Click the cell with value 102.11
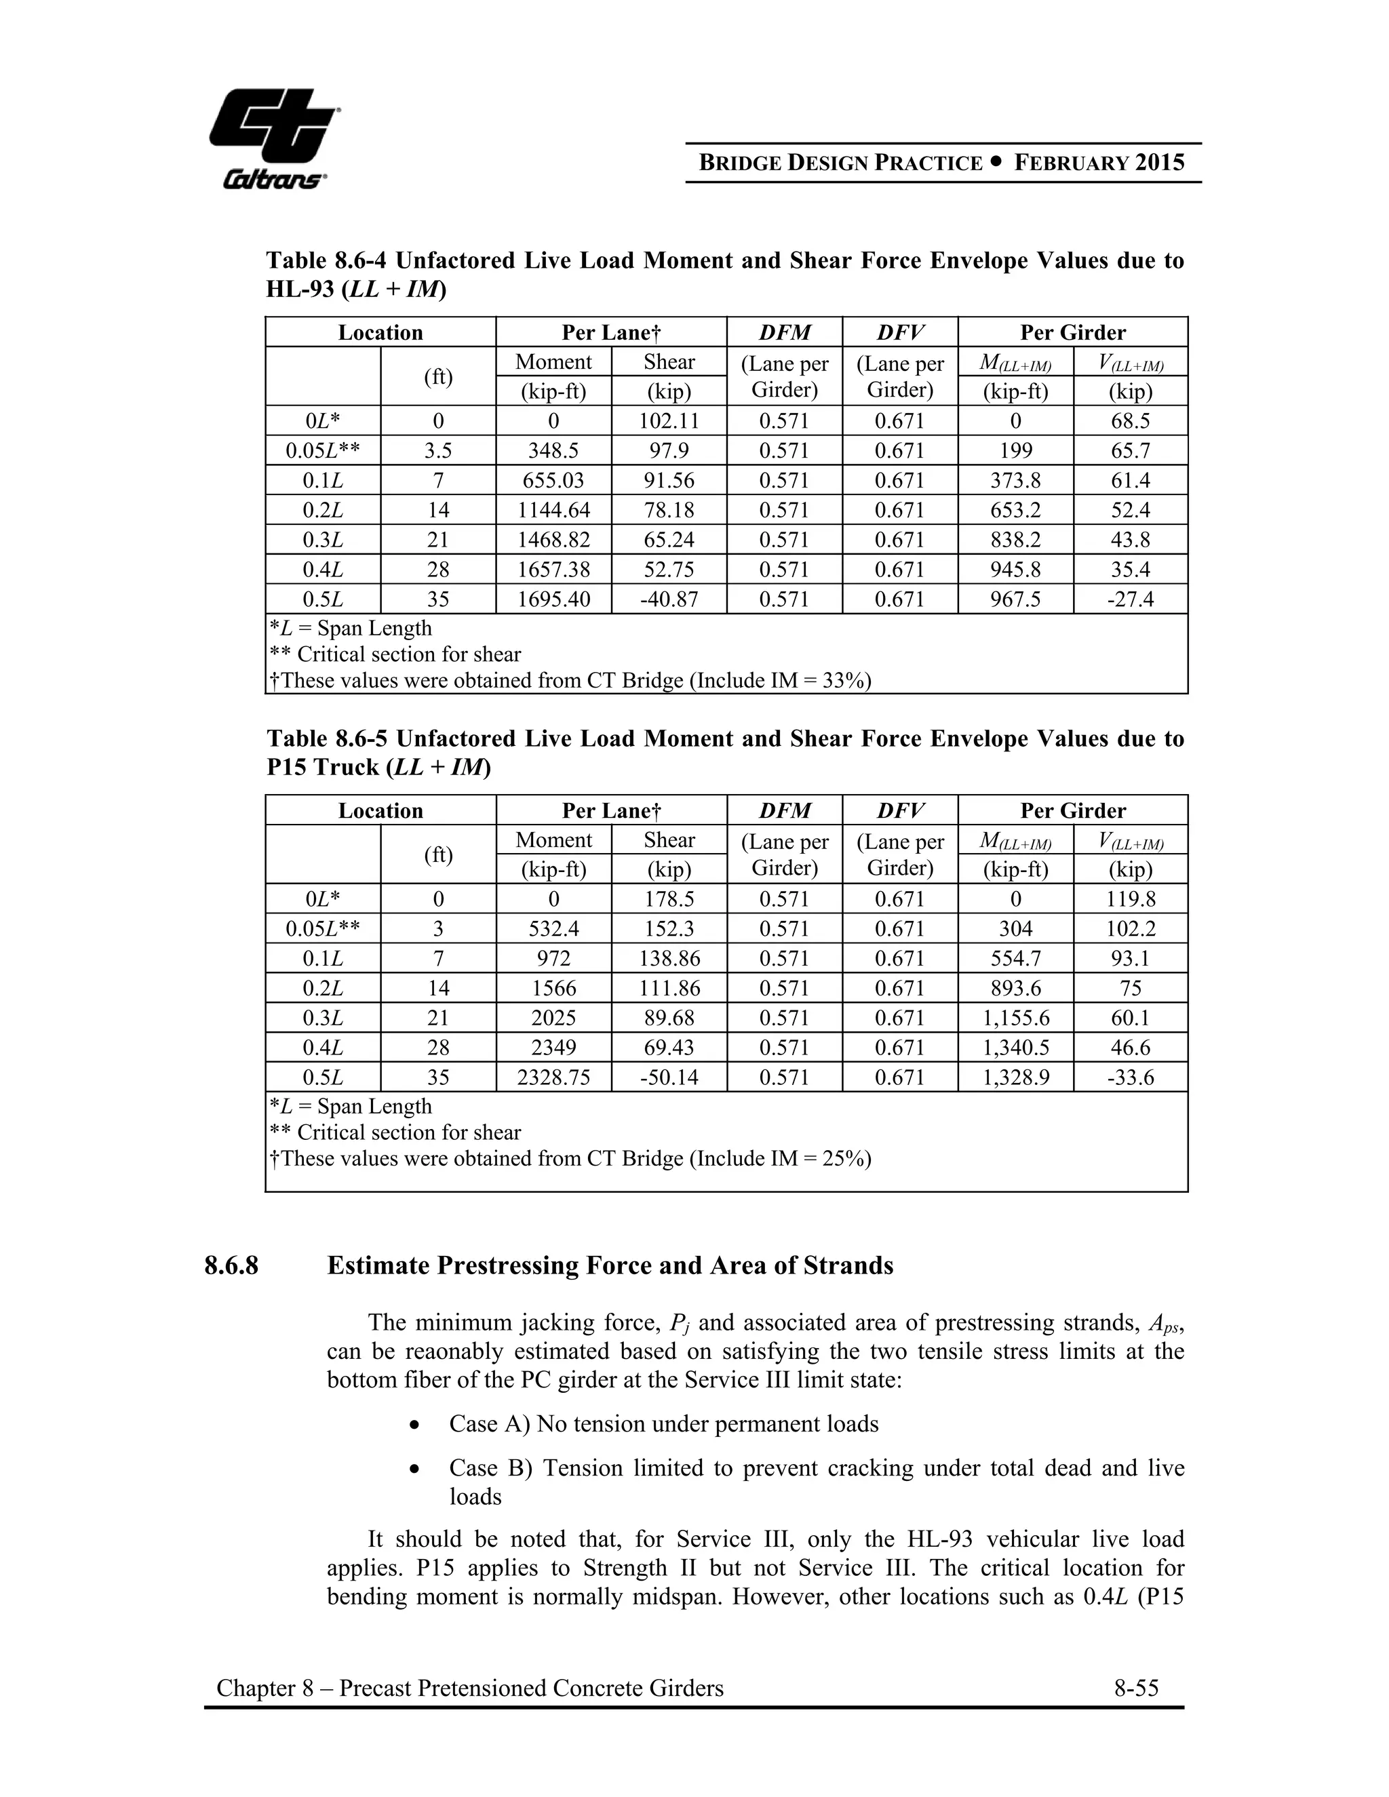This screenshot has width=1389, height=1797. coord(669,421)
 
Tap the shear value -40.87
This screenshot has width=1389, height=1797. coord(669,599)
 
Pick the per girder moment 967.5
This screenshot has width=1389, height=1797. coord(1015,599)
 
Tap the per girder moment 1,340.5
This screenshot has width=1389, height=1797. coord(1015,1048)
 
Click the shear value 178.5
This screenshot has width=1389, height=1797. coord(669,899)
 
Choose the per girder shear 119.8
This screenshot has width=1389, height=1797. coord(1131,899)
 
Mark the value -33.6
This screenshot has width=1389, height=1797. coord(1131,1077)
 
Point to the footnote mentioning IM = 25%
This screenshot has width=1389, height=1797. coord(570,1158)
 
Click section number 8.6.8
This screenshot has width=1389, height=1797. coord(231,1265)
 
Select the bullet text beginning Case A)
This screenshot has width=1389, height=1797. coord(663,1423)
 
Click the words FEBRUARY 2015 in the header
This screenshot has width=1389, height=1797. coord(1099,162)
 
